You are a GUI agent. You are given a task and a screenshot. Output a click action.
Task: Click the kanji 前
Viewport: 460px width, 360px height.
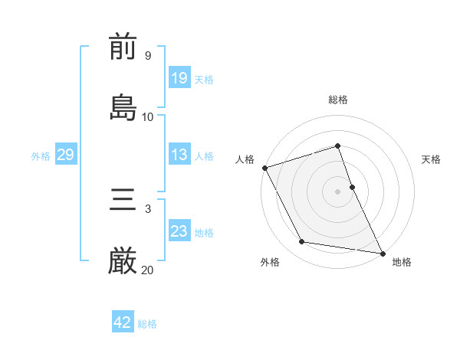click(x=123, y=48)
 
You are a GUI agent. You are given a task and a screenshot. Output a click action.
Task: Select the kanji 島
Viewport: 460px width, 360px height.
click(x=123, y=108)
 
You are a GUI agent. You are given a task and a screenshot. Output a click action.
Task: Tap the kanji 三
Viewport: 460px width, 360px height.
click(x=123, y=202)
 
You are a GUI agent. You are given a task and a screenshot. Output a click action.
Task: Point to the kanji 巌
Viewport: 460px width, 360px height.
click(x=123, y=262)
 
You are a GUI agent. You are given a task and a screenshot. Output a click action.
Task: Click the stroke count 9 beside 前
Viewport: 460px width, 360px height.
click(x=147, y=56)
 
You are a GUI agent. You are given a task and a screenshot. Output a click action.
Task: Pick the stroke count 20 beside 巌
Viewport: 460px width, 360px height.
click(x=147, y=269)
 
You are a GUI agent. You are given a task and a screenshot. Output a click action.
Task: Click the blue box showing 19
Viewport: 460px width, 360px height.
click(x=179, y=78)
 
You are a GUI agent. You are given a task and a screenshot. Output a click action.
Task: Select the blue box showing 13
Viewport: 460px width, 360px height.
click(x=179, y=155)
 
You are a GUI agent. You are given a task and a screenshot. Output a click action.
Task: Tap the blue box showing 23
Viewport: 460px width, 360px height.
click(x=179, y=231)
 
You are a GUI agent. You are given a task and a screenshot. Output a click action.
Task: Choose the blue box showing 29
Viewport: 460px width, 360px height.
click(x=65, y=155)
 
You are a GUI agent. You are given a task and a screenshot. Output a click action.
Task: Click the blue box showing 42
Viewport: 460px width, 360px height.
click(x=123, y=322)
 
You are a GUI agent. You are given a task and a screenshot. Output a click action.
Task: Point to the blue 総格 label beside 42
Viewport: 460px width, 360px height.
click(x=147, y=324)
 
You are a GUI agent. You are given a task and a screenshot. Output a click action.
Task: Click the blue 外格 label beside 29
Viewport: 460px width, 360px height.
click(x=41, y=156)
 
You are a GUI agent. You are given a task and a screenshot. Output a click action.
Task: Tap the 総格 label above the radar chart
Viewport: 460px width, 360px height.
click(x=338, y=100)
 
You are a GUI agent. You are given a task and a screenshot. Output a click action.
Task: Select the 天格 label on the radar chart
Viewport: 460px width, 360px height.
click(x=432, y=159)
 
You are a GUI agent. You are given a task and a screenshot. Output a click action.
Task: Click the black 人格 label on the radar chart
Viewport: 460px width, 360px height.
click(x=245, y=159)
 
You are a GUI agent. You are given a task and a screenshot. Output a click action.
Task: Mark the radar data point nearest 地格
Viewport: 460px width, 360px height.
click(x=382, y=252)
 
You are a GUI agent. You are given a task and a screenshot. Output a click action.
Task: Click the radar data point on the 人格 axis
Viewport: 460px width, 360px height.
click(x=264, y=168)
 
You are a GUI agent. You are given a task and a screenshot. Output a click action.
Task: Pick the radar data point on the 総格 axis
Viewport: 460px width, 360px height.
click(x=338, y=146)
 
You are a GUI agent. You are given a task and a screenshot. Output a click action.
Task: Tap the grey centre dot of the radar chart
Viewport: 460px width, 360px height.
click(x=338, y=191)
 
